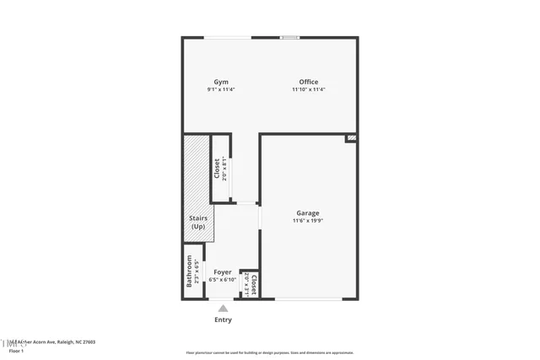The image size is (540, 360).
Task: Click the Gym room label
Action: [221, 82]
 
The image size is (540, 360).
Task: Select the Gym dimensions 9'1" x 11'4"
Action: [221, 89]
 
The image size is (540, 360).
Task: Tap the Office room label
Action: [308, 82]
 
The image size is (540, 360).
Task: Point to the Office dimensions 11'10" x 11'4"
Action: [308, 89]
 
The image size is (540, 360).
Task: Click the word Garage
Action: [307, 212]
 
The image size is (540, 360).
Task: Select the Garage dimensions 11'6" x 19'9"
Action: [307, 221]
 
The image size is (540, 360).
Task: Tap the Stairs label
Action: [197, 219]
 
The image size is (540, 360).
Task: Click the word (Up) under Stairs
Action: [197, 227]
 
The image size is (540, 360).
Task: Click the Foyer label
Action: [222, 271]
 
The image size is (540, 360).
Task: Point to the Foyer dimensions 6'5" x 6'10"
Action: [222, 279]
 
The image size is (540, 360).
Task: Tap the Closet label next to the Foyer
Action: [253, 282]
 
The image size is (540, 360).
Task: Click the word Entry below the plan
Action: [223, 320]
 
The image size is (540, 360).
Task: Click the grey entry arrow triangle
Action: [223, 309]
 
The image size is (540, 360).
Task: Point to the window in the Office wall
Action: [289, 37]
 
